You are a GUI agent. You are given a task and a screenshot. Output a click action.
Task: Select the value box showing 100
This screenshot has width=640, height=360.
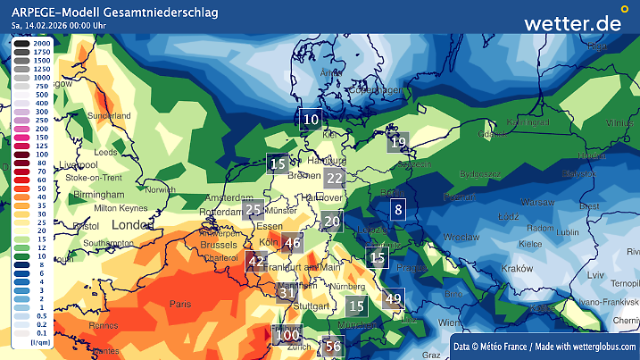[287, 336]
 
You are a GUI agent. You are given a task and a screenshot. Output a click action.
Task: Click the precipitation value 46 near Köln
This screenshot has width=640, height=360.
[293, 242]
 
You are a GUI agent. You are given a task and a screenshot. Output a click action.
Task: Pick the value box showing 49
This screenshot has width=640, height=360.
[393, 299]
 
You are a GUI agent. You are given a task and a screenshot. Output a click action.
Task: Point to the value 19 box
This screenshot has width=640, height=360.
[398, 142]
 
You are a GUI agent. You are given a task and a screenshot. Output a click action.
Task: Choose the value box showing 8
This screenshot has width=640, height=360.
[399, 211]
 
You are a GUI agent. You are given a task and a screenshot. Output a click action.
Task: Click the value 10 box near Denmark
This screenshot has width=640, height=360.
[311, 119]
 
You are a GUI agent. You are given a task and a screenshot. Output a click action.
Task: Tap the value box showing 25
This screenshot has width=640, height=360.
[254, 211]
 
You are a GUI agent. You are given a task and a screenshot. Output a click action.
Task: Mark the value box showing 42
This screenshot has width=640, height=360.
[257, 262]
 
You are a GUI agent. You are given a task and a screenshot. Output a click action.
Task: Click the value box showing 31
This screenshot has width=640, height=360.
[287, 292]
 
